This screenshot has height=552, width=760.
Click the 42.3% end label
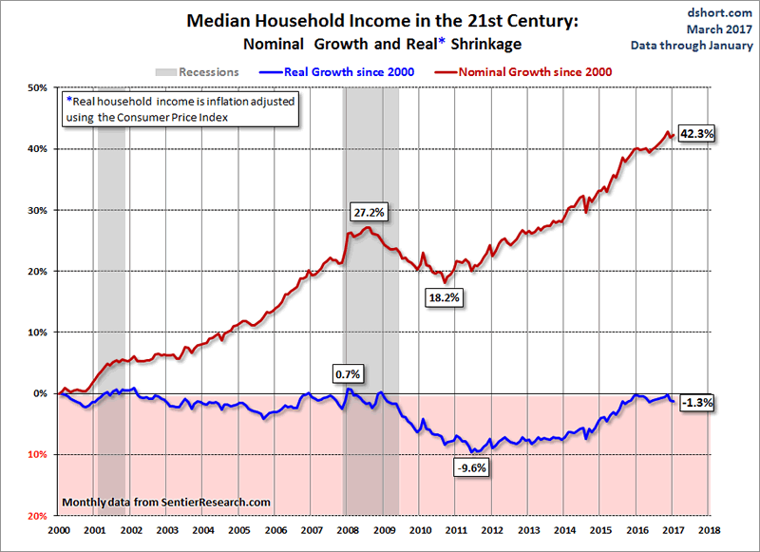698,134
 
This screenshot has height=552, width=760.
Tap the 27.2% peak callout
368,212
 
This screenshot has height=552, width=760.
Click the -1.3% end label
697,402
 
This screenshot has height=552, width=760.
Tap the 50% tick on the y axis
37,87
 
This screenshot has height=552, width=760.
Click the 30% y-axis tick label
37,210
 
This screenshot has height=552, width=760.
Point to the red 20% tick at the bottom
37,516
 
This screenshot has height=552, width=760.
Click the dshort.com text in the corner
723,12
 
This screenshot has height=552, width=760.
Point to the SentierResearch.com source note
166,502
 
